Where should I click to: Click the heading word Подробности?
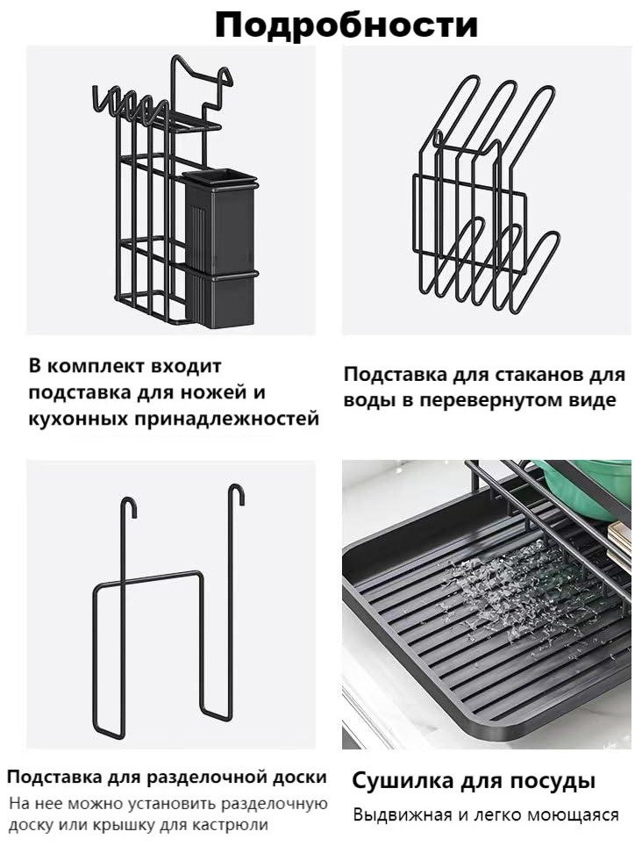pyautogui.click(x=346, y=25)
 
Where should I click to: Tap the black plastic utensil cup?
pyautogui.click(x=220, y=248)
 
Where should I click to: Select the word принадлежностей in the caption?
pyautogui.click(x=226, y=419)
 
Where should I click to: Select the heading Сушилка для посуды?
pyautogui.click(x=474, y=781)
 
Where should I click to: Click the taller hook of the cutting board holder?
pyautogui.click(x=236, y=495)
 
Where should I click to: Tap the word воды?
pyautogui.click(x=366, y=400)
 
